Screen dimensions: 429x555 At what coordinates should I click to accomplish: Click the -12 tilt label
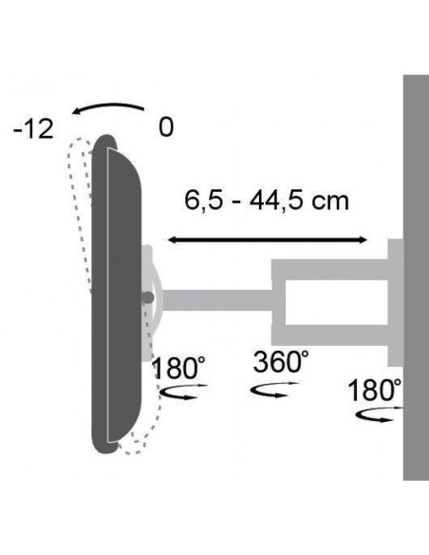33,129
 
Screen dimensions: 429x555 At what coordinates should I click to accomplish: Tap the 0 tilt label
166,127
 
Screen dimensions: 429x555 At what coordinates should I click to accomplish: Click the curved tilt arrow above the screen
108,106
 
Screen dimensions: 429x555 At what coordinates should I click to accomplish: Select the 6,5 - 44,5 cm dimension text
267,201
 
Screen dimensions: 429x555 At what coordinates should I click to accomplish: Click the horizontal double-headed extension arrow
268,240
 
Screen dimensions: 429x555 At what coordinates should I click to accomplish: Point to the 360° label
281,362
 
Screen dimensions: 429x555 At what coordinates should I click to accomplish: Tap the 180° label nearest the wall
375,390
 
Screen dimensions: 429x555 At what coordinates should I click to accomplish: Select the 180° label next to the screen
179,368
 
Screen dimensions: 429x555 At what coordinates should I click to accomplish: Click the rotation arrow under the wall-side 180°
379,415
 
